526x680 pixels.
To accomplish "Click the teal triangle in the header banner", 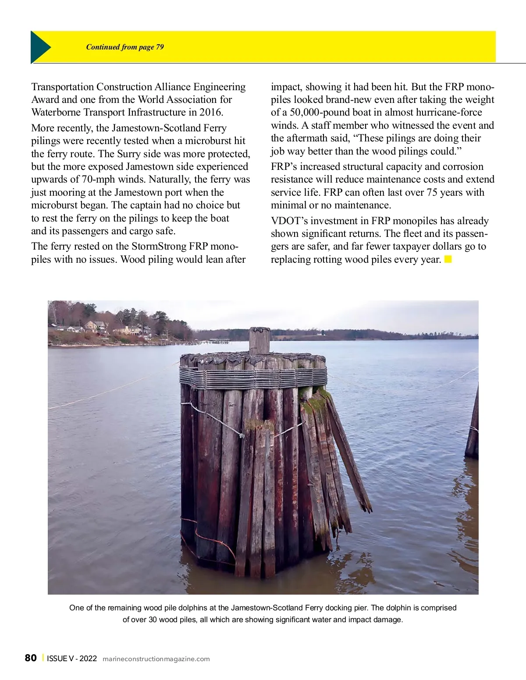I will coord(40,47).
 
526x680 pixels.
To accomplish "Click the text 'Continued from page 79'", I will coord(125,47).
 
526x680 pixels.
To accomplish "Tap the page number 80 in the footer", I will coord(31,658).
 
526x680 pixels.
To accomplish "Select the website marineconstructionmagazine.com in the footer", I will coord(156,659).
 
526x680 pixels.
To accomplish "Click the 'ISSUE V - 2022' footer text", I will coord(72,659).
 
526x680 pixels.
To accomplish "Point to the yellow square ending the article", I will coord(448,259).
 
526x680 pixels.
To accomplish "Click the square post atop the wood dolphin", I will coord(259,341).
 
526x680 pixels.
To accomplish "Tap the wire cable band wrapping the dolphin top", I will coord(253,377).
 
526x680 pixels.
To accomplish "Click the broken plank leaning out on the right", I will coord(348,451).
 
